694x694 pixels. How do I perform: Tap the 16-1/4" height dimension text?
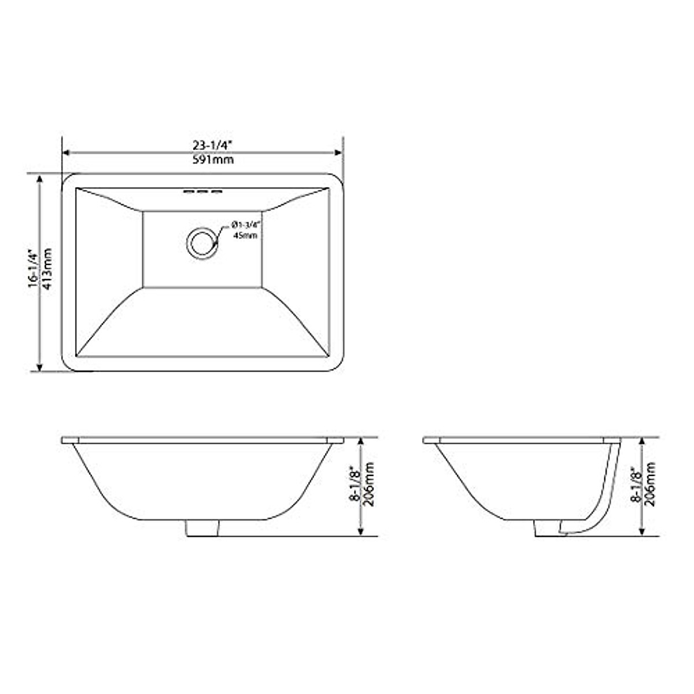(x=33, y=270)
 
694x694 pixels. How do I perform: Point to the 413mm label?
(x=47, y=270)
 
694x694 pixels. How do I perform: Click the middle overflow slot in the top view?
(x=202, y=191)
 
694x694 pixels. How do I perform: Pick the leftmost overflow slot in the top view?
(x=189, y=191)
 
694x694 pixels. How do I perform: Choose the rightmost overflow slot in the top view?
(x=216, y=191)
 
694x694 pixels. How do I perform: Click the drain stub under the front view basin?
(x=203, y=528)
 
